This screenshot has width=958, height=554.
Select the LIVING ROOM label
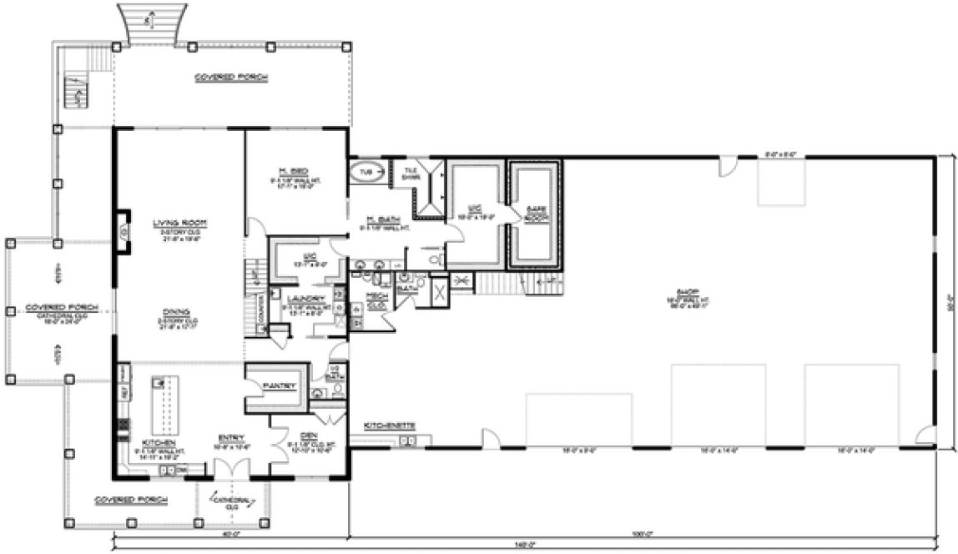click(x=179, y=222)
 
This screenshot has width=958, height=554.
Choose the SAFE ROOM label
click(x=535, y=213)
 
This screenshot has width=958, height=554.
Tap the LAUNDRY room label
click(x=300, y=299)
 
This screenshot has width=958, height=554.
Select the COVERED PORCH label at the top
click(x=231, y=77)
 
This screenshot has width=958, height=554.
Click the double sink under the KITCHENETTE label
click(x=407, y=440)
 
